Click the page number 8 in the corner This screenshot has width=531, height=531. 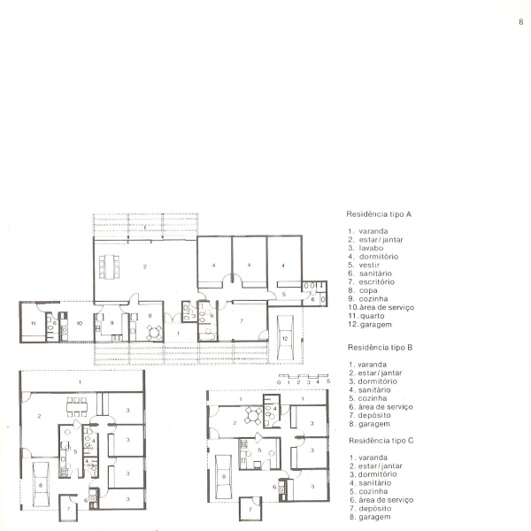coord(521,22)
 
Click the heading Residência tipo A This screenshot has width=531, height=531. coord(379,214)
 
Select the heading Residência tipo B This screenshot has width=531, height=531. coord(380,348)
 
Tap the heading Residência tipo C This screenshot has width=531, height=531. coord(381,441)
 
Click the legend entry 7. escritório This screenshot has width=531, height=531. coord(372,282)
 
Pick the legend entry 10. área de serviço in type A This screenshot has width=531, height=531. coord(381,307)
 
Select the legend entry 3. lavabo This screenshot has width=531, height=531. coord(366,248)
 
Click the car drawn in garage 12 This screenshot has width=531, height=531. coord(285,337)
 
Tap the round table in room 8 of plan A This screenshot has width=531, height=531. coord(154,332)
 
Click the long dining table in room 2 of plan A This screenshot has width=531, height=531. coord(109,267)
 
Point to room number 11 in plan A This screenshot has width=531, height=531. coord(34,323)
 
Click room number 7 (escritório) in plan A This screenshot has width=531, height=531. coord(242,320)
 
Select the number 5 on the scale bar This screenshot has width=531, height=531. coord(328,381)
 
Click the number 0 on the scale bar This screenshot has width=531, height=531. coord(279,382)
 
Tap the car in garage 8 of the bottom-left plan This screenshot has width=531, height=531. coord(41,485)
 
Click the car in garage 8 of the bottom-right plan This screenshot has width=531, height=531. coord(224,477)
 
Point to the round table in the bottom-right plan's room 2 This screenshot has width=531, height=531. coord(253,416)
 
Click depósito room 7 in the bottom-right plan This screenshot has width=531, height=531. coord(250,509)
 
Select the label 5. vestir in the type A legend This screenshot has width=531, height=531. coord(364,265)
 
